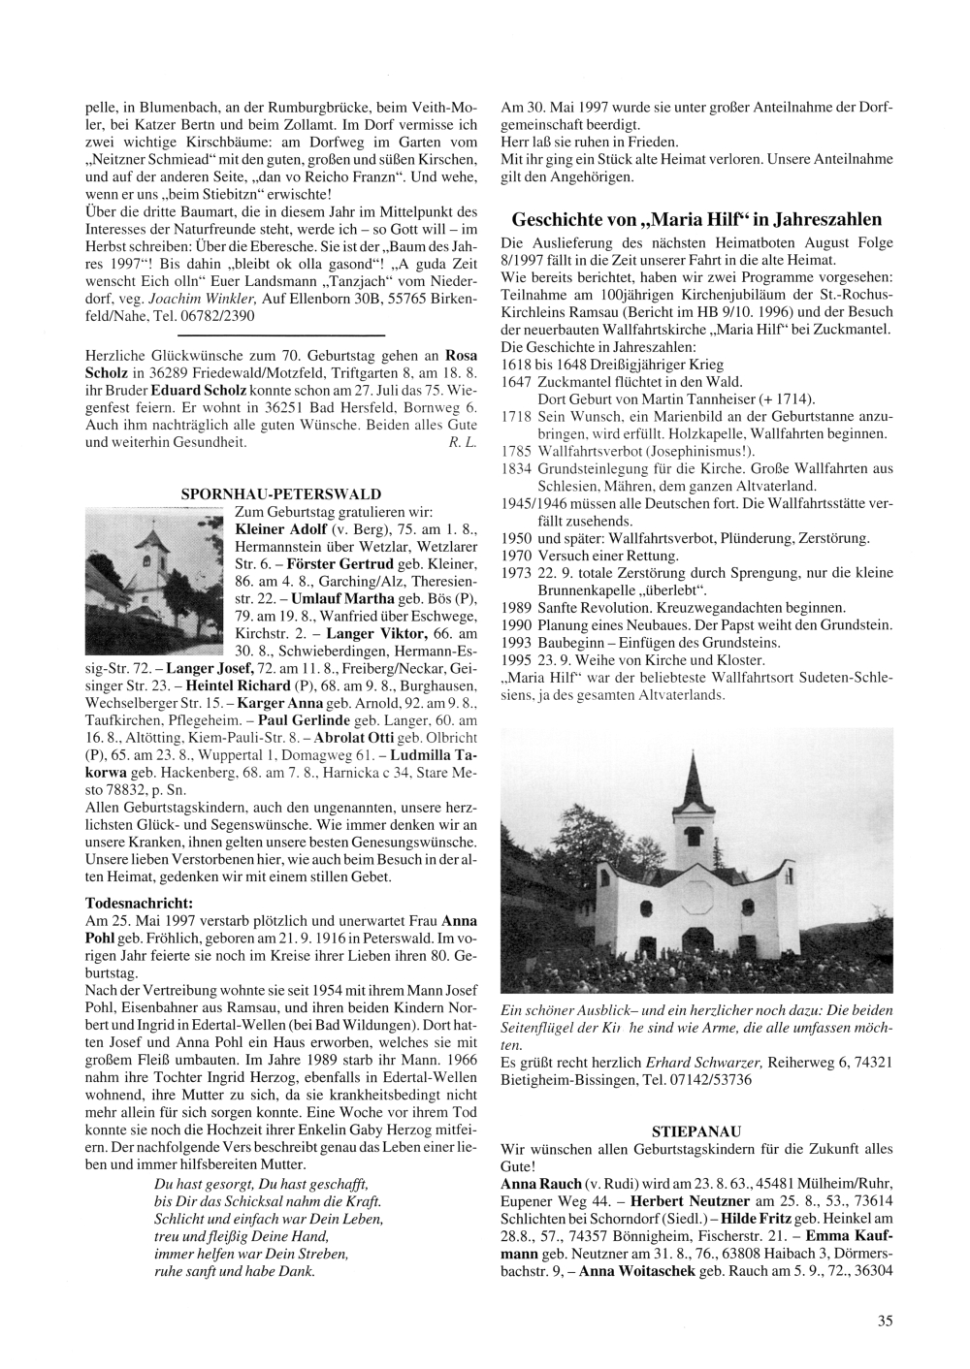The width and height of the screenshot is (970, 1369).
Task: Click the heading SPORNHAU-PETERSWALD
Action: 281,493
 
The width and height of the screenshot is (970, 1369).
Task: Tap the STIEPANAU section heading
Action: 696,1130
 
